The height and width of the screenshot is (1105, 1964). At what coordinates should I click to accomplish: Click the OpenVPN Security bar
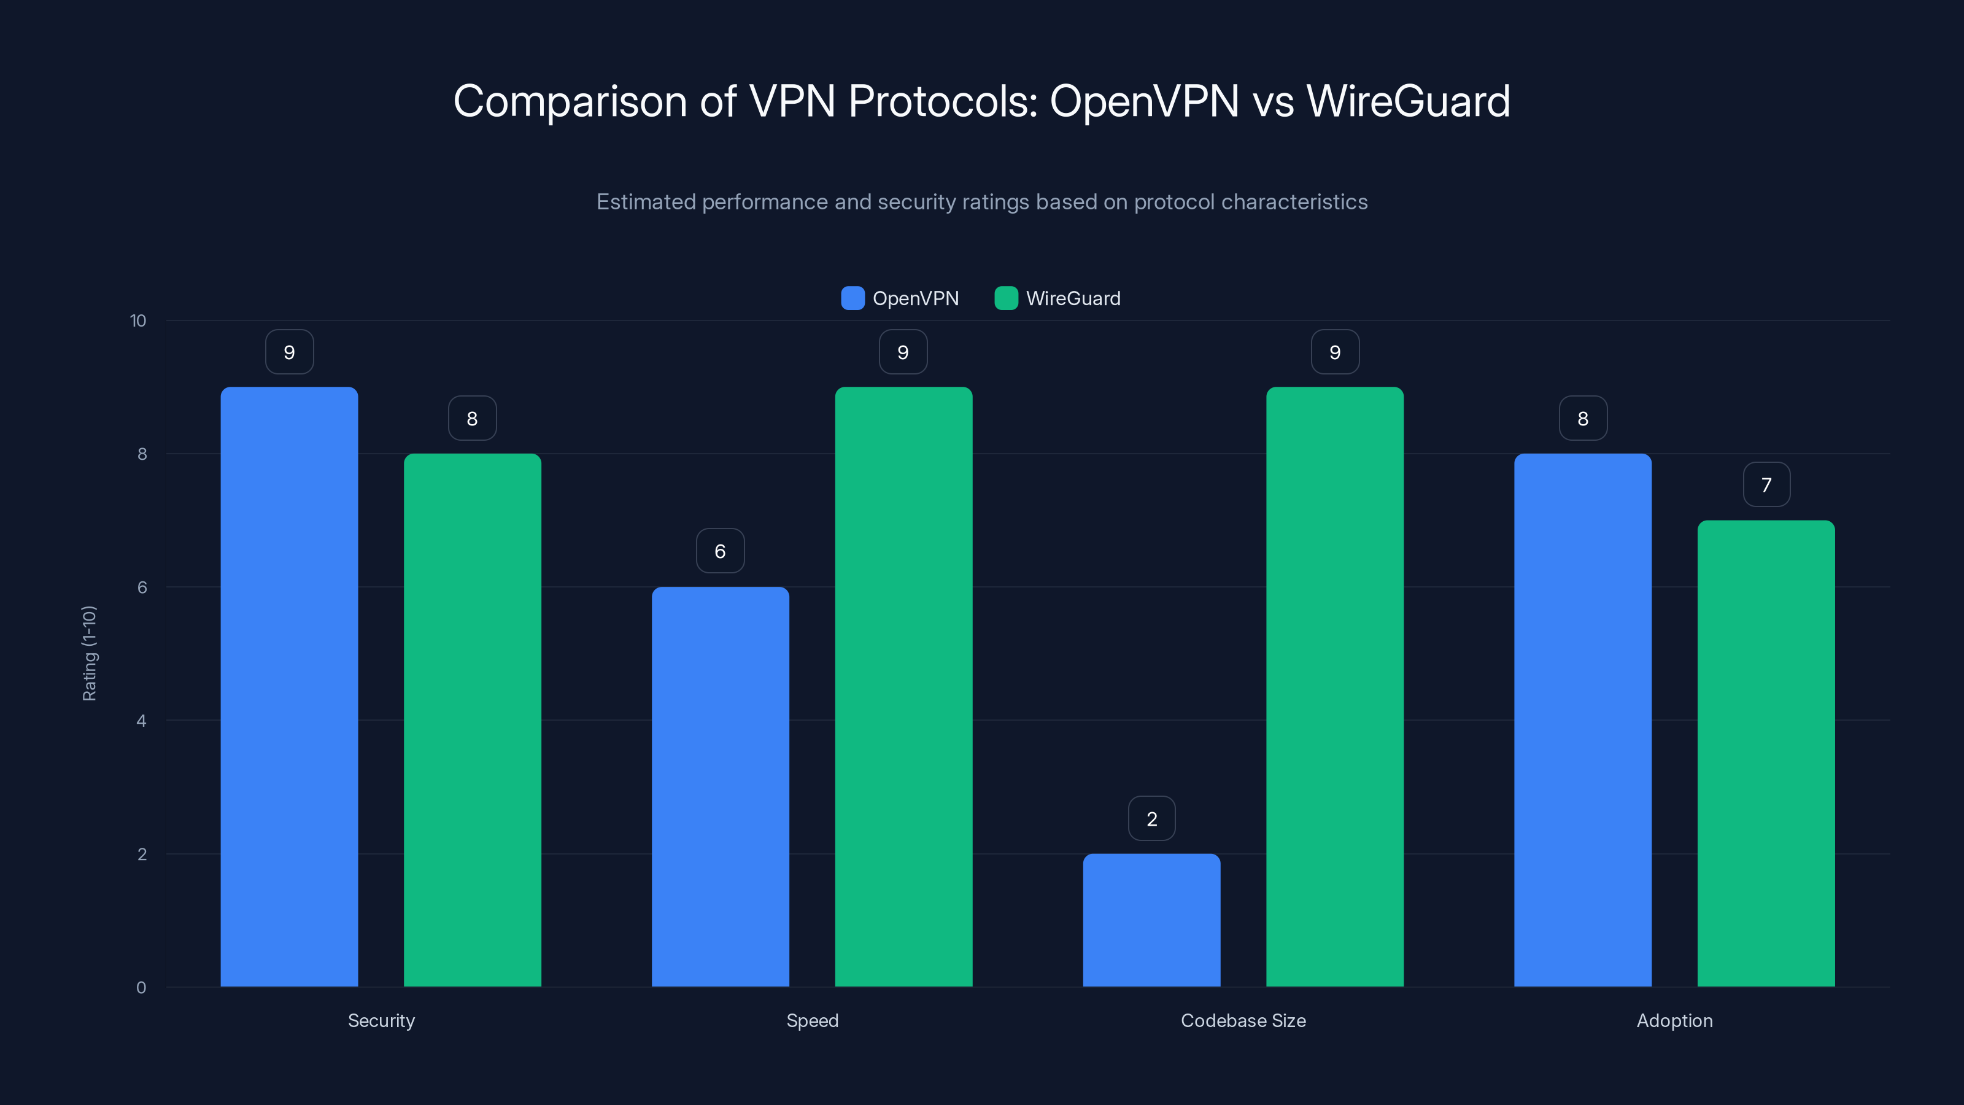289,686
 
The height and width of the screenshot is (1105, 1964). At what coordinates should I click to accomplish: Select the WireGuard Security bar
472,720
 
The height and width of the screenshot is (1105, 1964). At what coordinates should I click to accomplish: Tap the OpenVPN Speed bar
720,786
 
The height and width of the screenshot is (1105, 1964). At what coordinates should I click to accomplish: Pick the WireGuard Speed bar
903,686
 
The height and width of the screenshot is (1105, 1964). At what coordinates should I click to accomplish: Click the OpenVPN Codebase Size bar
1151,920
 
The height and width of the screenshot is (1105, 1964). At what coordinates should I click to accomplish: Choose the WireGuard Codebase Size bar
1334,686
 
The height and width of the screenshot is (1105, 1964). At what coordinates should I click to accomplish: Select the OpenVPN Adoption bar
1583,720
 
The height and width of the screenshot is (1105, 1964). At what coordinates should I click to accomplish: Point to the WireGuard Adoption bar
1766,753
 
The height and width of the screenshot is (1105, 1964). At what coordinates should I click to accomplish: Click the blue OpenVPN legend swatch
852,298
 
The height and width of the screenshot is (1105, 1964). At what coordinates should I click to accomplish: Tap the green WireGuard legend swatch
1006,298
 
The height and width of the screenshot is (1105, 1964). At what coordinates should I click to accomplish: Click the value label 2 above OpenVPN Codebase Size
1151,818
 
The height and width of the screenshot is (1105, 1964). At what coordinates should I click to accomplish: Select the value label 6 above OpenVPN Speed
720,551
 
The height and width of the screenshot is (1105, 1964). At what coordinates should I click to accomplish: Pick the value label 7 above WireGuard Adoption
1766,484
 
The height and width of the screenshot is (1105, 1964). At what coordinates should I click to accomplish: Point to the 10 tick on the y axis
138,320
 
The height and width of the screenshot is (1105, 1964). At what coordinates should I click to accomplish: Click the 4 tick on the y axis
141,721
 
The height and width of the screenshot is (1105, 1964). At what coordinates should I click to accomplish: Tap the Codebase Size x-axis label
1243,1020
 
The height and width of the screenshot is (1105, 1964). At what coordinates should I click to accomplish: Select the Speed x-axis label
812,1020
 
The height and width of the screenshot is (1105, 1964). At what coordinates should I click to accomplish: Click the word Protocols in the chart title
942,101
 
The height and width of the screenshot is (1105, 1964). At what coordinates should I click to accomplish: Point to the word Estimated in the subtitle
646,202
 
